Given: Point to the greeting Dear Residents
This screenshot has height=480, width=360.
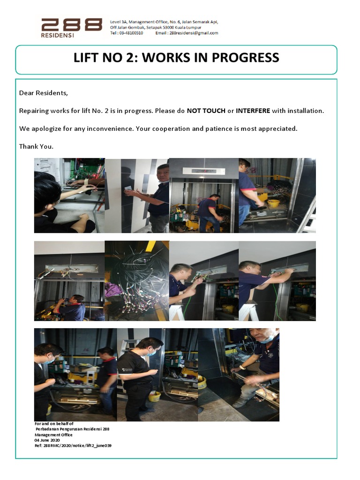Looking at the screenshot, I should [44, 93].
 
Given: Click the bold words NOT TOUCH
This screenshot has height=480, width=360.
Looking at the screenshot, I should [206, 111].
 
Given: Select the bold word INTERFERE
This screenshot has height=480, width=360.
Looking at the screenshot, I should [253, 111].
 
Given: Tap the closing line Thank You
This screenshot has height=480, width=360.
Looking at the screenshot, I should [36, 146].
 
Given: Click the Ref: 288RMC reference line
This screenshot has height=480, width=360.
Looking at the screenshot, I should [73, 445].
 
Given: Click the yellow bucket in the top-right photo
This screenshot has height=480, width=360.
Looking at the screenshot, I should [273, 203].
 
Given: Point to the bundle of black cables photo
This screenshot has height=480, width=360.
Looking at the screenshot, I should [136, 280].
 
